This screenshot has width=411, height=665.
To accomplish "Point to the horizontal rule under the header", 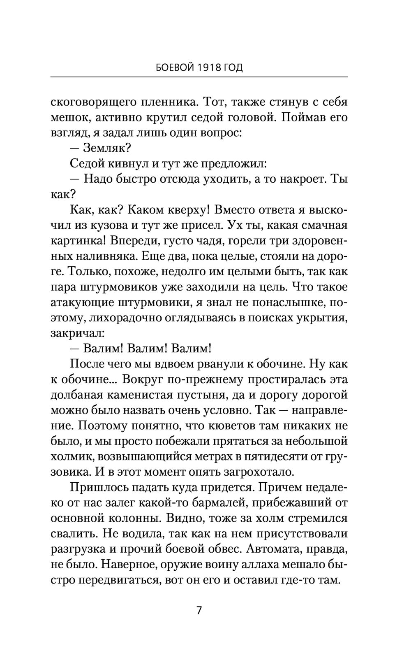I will [199, 77].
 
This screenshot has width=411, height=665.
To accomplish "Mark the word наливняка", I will [105, 256].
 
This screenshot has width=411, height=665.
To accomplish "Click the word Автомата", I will [268, 549].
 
